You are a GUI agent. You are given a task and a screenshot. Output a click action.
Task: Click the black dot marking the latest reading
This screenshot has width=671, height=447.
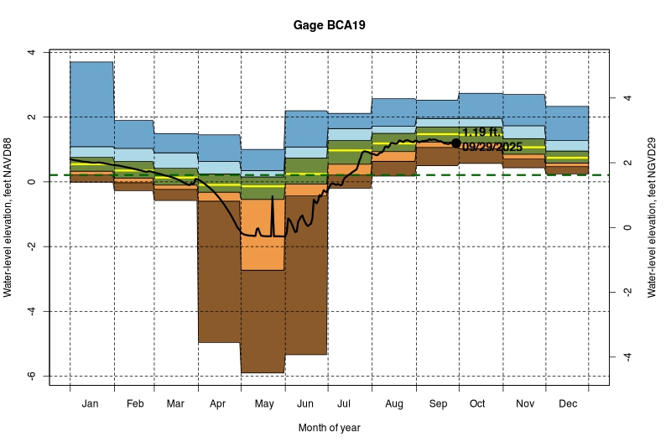click(456, 143)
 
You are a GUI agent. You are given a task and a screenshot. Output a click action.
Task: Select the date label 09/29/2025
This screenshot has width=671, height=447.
click(492, 147)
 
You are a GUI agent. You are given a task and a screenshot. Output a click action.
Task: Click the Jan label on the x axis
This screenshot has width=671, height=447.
click(91, 404)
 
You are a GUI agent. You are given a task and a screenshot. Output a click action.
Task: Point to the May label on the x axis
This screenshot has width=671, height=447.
click(263, 404)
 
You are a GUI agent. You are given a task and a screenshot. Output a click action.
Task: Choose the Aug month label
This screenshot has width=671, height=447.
click(393, 404)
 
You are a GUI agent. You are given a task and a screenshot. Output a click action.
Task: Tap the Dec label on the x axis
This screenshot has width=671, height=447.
click(567, 404)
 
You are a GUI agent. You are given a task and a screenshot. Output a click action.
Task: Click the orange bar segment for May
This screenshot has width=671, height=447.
click(263, 243)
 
